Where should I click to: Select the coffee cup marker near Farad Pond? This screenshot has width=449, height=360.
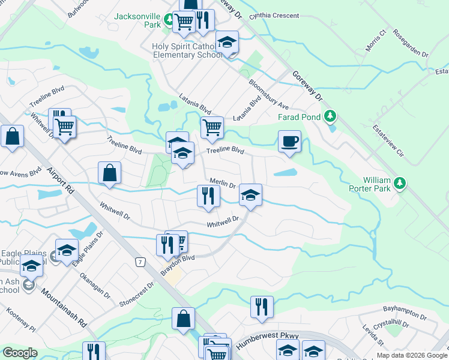click(x=289, y=142)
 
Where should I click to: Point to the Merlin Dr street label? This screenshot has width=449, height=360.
click(x=222, y=183)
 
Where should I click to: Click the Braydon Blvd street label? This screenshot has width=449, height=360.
click(x=178, y=264)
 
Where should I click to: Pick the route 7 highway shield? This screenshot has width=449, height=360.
click(x=140, y=262)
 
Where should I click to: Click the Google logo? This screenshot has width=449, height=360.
click(x=20, y=353)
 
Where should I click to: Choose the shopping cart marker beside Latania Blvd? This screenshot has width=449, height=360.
click(x=211, y=127)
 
